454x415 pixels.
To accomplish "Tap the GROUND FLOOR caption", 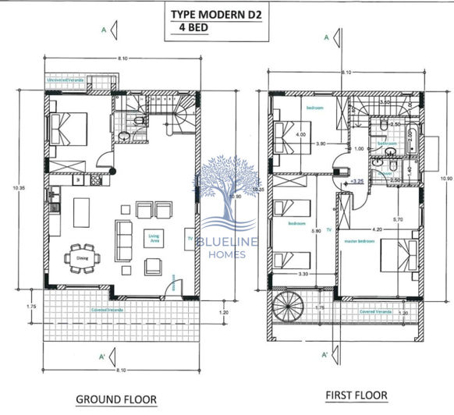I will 115,399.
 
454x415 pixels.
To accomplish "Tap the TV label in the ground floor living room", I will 188,238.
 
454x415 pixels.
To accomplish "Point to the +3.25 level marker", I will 357,180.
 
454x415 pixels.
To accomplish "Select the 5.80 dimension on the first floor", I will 315,230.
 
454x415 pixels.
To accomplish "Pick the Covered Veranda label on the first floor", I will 375,311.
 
